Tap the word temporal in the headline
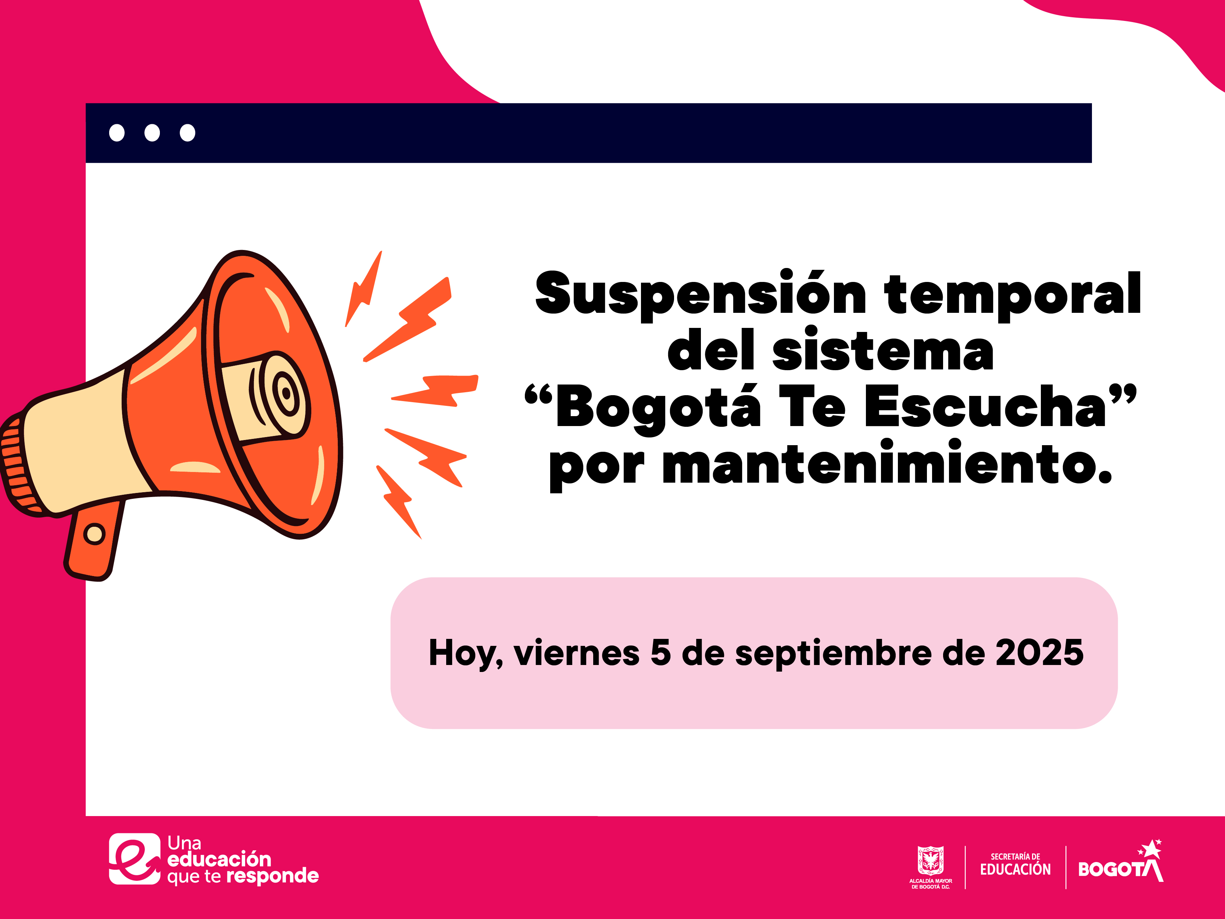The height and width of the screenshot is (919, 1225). tap(1012, 294)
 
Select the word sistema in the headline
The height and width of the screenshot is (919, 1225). tap(883, 350)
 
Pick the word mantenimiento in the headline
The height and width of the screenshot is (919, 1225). tap(887, 464)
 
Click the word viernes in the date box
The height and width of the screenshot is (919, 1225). tap(577, 653)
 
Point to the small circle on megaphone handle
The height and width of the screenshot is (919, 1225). tap(94, 534)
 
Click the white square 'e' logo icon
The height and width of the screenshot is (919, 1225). tap(135, 859)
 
